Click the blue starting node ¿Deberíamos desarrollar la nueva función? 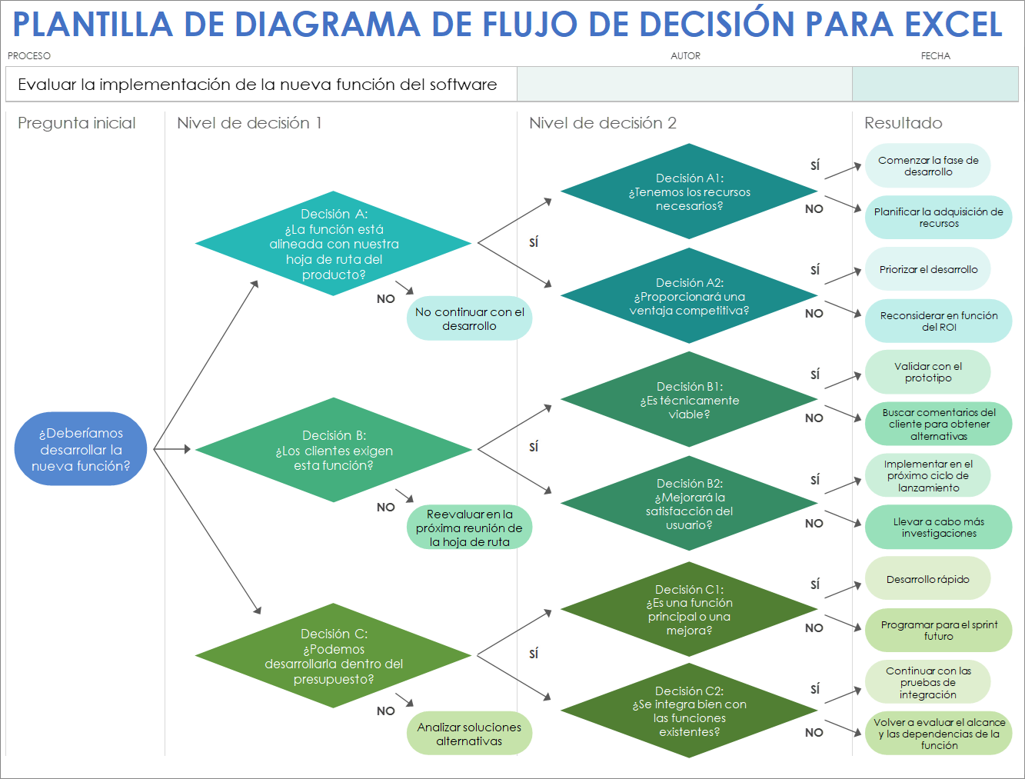(81, 449)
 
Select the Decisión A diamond (334, 244)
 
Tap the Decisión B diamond (334, 450)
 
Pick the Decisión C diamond (334, 656)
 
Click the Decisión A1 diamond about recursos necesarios (689, 191)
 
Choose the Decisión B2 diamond (689, 504)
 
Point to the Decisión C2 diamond (689, 711)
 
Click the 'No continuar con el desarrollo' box (469, 318)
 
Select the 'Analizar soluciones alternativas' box (469, 734)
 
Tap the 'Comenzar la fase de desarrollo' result (927, 165)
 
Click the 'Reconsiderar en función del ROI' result (938, 321)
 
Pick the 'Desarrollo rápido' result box (927, 579)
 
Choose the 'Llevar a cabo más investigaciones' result (938, 528)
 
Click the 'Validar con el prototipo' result (927, 372)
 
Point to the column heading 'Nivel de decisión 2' (603, 123)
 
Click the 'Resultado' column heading (903, 123)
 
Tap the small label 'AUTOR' (685, 56)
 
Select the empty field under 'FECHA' (935, 84)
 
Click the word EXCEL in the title (953, 25)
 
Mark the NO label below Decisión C (386, 711)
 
